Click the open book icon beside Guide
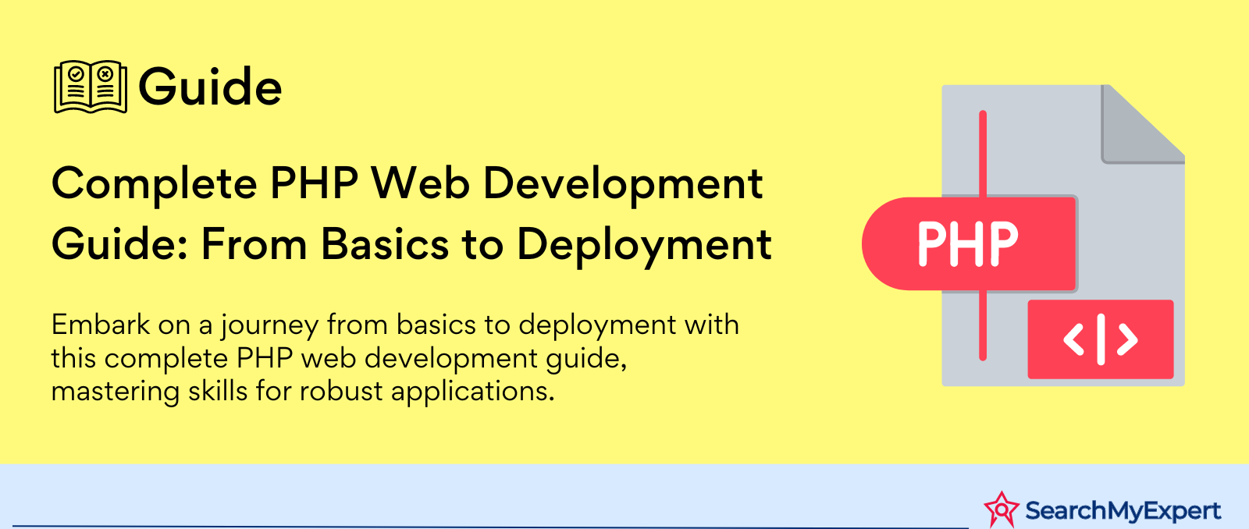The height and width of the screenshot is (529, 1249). click(91, 87)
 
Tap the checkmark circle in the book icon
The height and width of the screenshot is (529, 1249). click(77, 73)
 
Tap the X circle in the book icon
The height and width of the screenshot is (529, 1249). click(105, 73)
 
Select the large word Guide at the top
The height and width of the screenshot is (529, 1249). click(210, 87)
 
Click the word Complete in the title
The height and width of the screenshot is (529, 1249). click(154, 184)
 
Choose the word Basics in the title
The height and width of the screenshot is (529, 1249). click(385, 244)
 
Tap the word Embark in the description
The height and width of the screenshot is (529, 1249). click(101, 325)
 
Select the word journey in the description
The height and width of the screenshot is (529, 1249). click(270, 326)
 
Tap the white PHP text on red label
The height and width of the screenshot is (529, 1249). click(968, 243)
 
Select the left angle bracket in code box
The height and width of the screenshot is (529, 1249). click(1073, 339)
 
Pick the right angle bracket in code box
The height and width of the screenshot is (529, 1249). click(1127, 339)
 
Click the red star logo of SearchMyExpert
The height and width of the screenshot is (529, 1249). click(1002, 509)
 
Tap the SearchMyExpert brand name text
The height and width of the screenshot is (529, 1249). click(1123, 511)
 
